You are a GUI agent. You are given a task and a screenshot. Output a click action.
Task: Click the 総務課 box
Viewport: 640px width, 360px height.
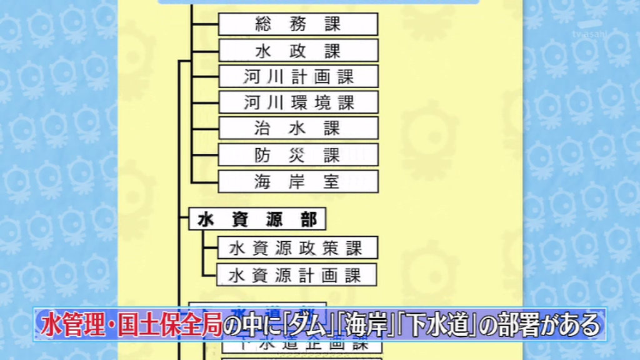(298, 24)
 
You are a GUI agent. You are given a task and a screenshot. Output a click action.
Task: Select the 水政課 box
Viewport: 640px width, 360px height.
(298, 51)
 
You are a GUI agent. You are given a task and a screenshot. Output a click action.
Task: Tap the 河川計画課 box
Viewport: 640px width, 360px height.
(298, 76)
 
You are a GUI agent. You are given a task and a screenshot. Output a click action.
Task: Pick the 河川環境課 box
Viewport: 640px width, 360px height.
(298, 102)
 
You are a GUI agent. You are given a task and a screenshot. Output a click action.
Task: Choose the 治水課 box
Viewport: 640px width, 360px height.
(298, 128)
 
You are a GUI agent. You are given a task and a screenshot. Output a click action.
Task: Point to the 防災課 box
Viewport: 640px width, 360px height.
(298, 155)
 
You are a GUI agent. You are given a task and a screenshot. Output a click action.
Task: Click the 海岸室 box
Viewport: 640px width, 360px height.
(298, 181)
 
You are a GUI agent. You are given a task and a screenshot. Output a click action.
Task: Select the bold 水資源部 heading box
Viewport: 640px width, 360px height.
(257, 219)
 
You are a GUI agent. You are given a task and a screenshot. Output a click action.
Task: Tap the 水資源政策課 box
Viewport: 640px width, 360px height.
(298, 247)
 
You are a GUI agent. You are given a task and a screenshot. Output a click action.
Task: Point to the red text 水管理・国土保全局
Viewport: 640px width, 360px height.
(132, 325)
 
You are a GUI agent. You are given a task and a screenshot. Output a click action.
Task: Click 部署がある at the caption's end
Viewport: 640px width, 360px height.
(541, 325)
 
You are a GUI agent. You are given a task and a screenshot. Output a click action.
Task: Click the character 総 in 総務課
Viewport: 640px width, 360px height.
(263, 24)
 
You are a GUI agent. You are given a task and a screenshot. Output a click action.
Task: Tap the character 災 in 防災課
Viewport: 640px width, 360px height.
(297, 155)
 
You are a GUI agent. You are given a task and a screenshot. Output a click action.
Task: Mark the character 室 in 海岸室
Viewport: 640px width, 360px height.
(332, 181)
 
